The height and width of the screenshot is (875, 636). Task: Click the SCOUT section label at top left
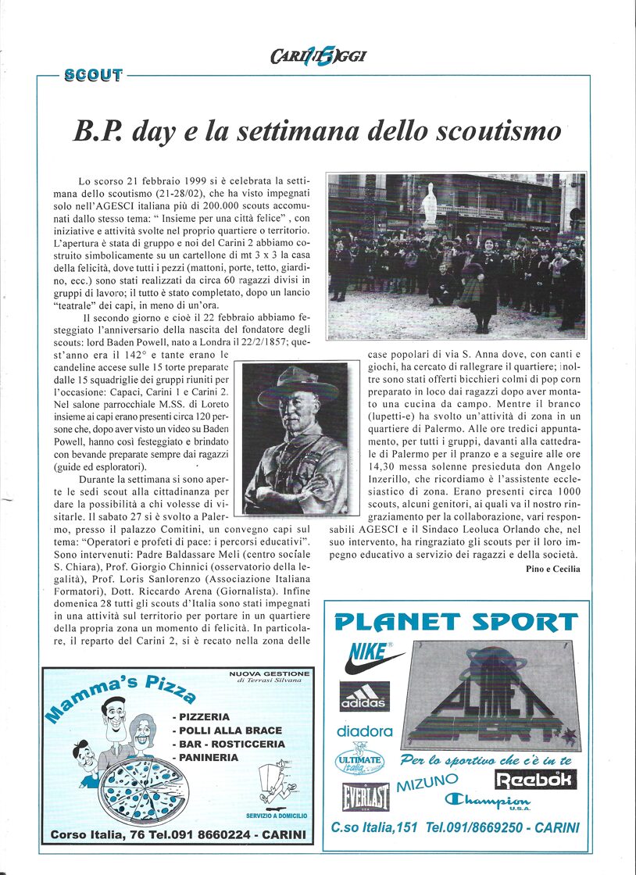click(x=94, y=76)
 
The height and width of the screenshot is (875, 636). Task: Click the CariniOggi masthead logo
click(x=318, y=55)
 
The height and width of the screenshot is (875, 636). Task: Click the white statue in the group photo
click(x=429, y=205)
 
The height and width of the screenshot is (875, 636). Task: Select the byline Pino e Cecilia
click(x=553, y=569)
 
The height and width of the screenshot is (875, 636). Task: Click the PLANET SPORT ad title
click(x=456, y=622)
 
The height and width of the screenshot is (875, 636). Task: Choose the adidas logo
click(x=364, y=696)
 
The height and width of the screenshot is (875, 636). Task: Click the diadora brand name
click(x=364, y=731)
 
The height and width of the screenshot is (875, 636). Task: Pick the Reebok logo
click(x=535, y=779)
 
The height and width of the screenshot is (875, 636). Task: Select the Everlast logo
click(x=365, y=796)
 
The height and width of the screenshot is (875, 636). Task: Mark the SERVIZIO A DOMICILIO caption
click(x=276, y=816)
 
